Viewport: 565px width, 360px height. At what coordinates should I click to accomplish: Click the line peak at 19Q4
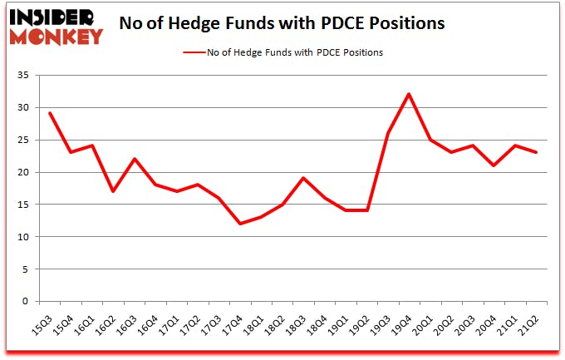409,94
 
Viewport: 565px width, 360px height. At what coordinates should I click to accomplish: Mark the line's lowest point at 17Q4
240,224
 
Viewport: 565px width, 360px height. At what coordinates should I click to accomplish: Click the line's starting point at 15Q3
49,113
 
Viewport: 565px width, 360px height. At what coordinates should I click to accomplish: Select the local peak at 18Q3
304,178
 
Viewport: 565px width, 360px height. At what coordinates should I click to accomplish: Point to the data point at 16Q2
113,191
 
